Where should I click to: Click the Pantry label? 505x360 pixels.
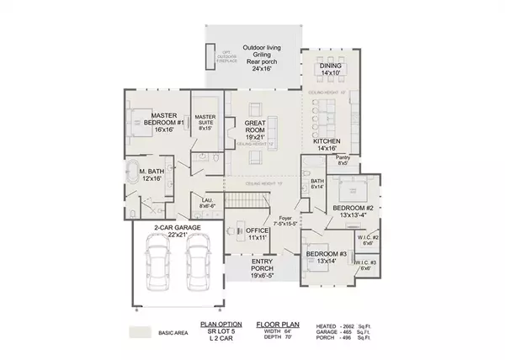pyautogui.click(x=343, y=160)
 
